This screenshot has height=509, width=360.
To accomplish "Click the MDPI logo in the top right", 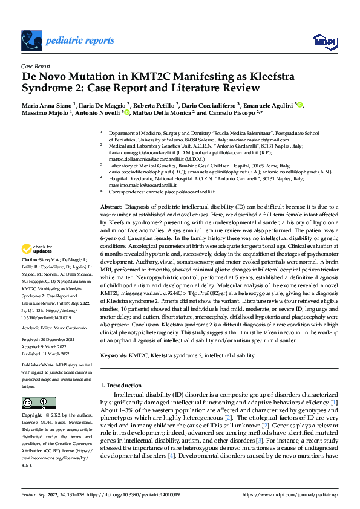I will pyautogui.click(x=320, y=41).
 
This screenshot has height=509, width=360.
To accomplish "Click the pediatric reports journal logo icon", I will pyautogui.click(x=33, y=41).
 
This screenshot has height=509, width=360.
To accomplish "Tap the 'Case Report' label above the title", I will pyautogui.click(x=35, y=67).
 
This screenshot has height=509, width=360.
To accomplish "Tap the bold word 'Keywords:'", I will pyautogui.click(x=113, y=357).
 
